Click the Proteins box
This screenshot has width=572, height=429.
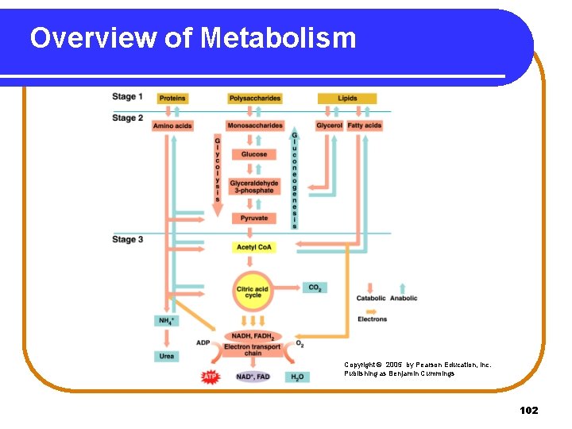coord(172,99)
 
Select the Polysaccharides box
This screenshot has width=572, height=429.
coord(254,99)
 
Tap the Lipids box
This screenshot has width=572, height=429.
coord(347,99)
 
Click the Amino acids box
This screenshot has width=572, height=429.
coord(172,126)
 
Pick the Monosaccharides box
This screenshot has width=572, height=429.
coord(254,126)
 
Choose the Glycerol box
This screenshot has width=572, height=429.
coord(329,126)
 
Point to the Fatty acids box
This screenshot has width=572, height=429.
coord(365,126)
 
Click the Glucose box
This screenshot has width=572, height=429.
coord(254,154)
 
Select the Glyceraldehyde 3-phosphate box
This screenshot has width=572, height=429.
coord(254,187)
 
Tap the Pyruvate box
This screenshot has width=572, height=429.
coord(254,218)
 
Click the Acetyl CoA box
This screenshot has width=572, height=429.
coord(254,247)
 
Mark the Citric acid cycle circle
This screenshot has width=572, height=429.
coord(253,292)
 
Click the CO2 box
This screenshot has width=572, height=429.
coord(314,288)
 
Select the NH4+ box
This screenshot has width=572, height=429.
coord(167,321)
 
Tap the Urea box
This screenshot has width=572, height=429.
coord(167,356)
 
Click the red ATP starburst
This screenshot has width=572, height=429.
coord(211,376)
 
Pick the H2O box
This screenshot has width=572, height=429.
coord(297,377)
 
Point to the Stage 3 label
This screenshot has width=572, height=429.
coord(128,239)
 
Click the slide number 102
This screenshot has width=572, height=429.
coord(528,410)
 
